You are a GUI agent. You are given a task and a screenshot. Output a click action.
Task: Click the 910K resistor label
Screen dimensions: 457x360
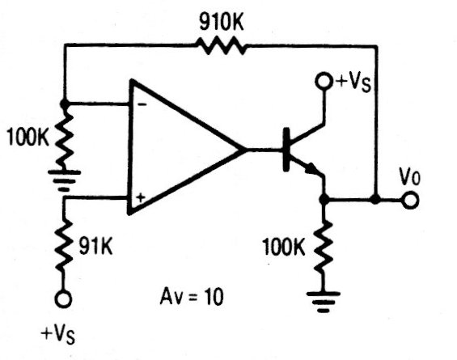click(222, 22)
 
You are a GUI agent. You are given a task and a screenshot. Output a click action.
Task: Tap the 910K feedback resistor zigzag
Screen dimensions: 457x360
click(222, 46)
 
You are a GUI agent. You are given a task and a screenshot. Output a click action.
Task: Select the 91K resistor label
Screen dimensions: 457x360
click(95, 247)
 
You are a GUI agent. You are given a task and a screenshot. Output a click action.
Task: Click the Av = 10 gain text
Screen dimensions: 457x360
click(192, 297)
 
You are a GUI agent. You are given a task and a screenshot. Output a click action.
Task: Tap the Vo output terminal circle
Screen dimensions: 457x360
click(410, 201)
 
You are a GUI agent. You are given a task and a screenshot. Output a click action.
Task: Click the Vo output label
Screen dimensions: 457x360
click(410, 176)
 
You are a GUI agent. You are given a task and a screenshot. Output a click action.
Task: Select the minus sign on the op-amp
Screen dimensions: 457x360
click(142, 104)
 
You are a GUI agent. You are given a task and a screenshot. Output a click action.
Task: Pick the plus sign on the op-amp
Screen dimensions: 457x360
click(141, 198)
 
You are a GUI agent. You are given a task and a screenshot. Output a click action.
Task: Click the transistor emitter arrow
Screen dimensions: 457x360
click(311, 168)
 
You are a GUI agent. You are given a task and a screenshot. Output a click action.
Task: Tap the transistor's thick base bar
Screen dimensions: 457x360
click(286, 149)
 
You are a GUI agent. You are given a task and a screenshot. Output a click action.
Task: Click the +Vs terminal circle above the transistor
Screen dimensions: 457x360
click(324, 81)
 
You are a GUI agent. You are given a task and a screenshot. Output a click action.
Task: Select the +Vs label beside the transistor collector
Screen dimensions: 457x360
click(353, 82)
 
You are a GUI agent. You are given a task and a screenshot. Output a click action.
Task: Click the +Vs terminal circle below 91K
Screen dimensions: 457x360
click(64, 299)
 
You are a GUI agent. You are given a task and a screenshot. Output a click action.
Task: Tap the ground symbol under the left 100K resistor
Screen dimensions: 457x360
click(64, 180)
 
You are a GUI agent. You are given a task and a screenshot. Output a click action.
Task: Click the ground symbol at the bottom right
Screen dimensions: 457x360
click(324, 302)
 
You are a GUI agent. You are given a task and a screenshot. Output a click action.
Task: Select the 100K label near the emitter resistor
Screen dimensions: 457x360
click(284, 247)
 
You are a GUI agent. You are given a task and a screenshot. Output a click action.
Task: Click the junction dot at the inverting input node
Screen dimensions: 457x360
click(65, 104)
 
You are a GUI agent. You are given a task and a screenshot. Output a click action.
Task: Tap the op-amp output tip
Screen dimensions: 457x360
click(246, 150)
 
